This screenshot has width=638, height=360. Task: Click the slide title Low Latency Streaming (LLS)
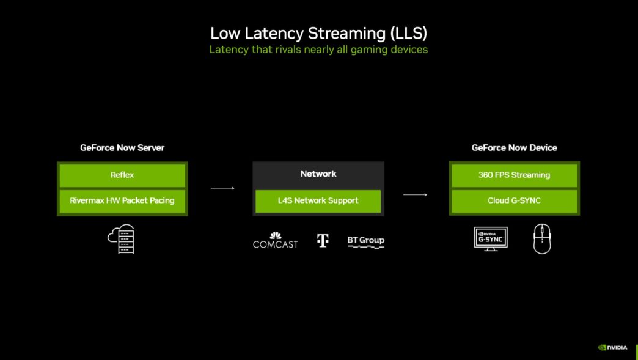[x=318, y=32]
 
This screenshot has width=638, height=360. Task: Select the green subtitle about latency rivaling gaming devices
[x=318, y=50]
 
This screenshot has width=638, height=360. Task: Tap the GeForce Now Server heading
[x=122, y=147]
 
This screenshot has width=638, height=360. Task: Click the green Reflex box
[x=122, y=175]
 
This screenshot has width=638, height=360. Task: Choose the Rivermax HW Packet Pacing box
[x=122, y=200]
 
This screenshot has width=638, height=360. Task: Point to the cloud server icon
[x=121, y=239]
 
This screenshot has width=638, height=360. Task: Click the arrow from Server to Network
[x=222, y=188]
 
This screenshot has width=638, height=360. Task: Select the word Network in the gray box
[x=318, y=174]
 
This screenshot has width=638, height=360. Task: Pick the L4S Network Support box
[x=318, y=200]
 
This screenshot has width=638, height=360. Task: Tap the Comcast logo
[x=276, y=240]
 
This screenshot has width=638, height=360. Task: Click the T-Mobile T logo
[x=323, y=240]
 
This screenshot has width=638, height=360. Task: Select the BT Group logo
[x=365, y=241]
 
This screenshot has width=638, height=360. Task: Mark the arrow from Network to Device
[x=415, y=195]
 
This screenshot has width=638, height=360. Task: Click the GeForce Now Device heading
[x=514, y=147]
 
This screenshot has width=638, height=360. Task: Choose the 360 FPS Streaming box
[x=514, y=175]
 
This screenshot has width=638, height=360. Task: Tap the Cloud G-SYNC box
[x=514, y=200]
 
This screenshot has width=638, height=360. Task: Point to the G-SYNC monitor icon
[x=491, y=238]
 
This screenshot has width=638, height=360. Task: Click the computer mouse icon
[x=541, y=239]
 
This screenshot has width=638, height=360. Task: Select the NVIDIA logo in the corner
[x=612, y=347]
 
